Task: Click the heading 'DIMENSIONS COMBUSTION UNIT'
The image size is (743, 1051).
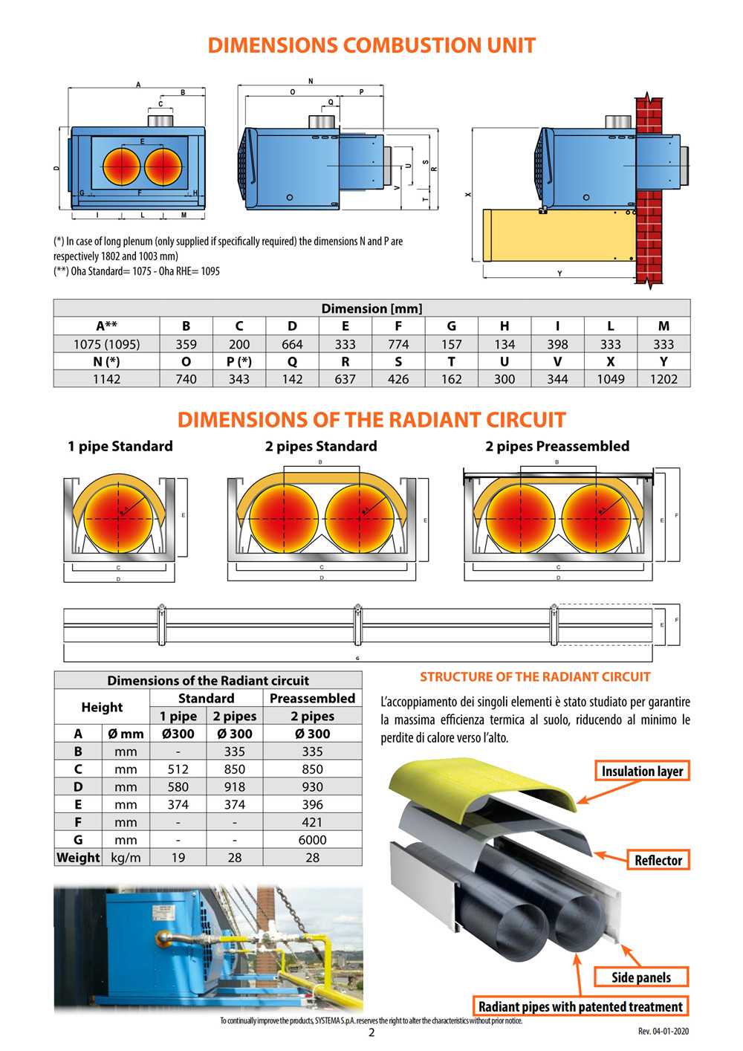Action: pyautogui.click(x=371, y=45)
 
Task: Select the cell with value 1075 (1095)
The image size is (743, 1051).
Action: pyautogui.click(x=106, y=344)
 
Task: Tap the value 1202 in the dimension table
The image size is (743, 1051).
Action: pyautogui.click(x=663, y=379)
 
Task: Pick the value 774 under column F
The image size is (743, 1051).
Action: pyautogui.click(x=398, y=344)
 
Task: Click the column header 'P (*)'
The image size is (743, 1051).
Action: pyautogui.click(x=239, y=361)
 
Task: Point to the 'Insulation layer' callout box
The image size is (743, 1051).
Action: pyautogui.click(x=642, y=771)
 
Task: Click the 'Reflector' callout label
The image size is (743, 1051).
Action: pyautogui.click(x=658, y=860)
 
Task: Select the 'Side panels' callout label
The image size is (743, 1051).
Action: pyautogui.click(x=640, y=977)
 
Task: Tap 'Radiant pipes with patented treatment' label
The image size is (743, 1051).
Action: pyautogui.click(x=580, y=1006)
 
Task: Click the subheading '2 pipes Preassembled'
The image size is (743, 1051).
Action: pyautogui.click(x=557, y=446)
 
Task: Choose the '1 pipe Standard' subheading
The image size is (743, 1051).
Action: pyautogui.click(x=120, y=446)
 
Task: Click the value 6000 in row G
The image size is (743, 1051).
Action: pyautogui.click(x=312, y=840)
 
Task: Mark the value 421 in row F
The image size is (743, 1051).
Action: pyautogui.click(x=312, y=822)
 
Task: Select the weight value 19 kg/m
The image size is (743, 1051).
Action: pyautogui.click(x=178, y=858)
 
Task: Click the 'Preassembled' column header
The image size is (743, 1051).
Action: pyautogui.click(x=312, y=699)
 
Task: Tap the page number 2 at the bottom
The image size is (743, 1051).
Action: pyautogui.click(x=371, y=1032)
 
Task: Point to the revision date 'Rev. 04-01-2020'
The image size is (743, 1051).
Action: pyautogui.click(x=663, y=1031)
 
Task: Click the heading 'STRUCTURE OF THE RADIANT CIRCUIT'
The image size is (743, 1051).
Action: pyautogui.click(x=535, y=677)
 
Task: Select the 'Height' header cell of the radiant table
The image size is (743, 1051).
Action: pyautogui.click(x=102, y=707)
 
